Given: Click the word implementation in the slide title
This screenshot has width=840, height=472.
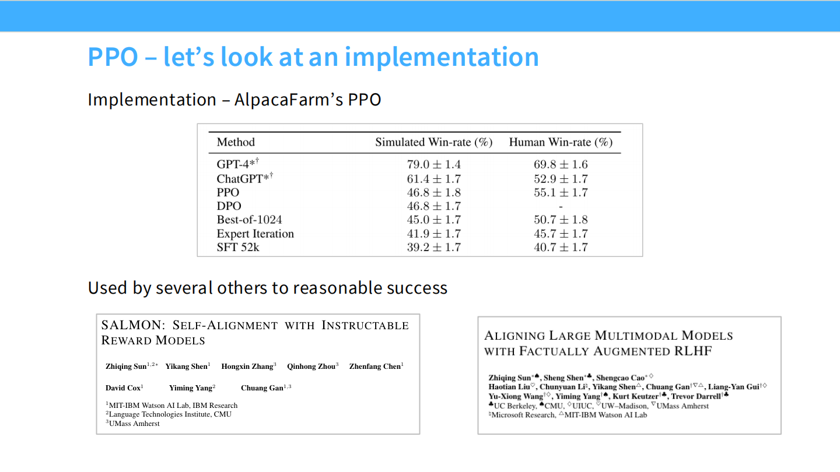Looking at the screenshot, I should pos(442,57).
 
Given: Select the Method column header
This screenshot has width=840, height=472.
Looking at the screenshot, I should pos(236,142).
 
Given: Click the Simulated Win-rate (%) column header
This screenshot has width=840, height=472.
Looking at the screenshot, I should pos(433,142).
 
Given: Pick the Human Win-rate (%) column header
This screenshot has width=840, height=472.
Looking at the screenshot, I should pos(561,142).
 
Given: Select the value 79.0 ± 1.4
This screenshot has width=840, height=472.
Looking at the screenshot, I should pos(433,165).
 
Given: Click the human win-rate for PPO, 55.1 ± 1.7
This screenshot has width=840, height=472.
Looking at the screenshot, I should pos(561,192).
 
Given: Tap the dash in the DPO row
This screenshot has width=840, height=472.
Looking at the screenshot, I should pos(561,206).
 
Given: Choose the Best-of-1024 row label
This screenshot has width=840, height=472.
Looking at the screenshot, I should pos(249,220).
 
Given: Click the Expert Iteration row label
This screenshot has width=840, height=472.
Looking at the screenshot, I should pos(255,234).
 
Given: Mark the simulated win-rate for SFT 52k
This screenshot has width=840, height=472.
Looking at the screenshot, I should pos(433,247).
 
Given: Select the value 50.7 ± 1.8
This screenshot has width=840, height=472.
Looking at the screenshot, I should pos(561,220).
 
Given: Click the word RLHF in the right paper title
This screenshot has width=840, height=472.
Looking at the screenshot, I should pos(694,351).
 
